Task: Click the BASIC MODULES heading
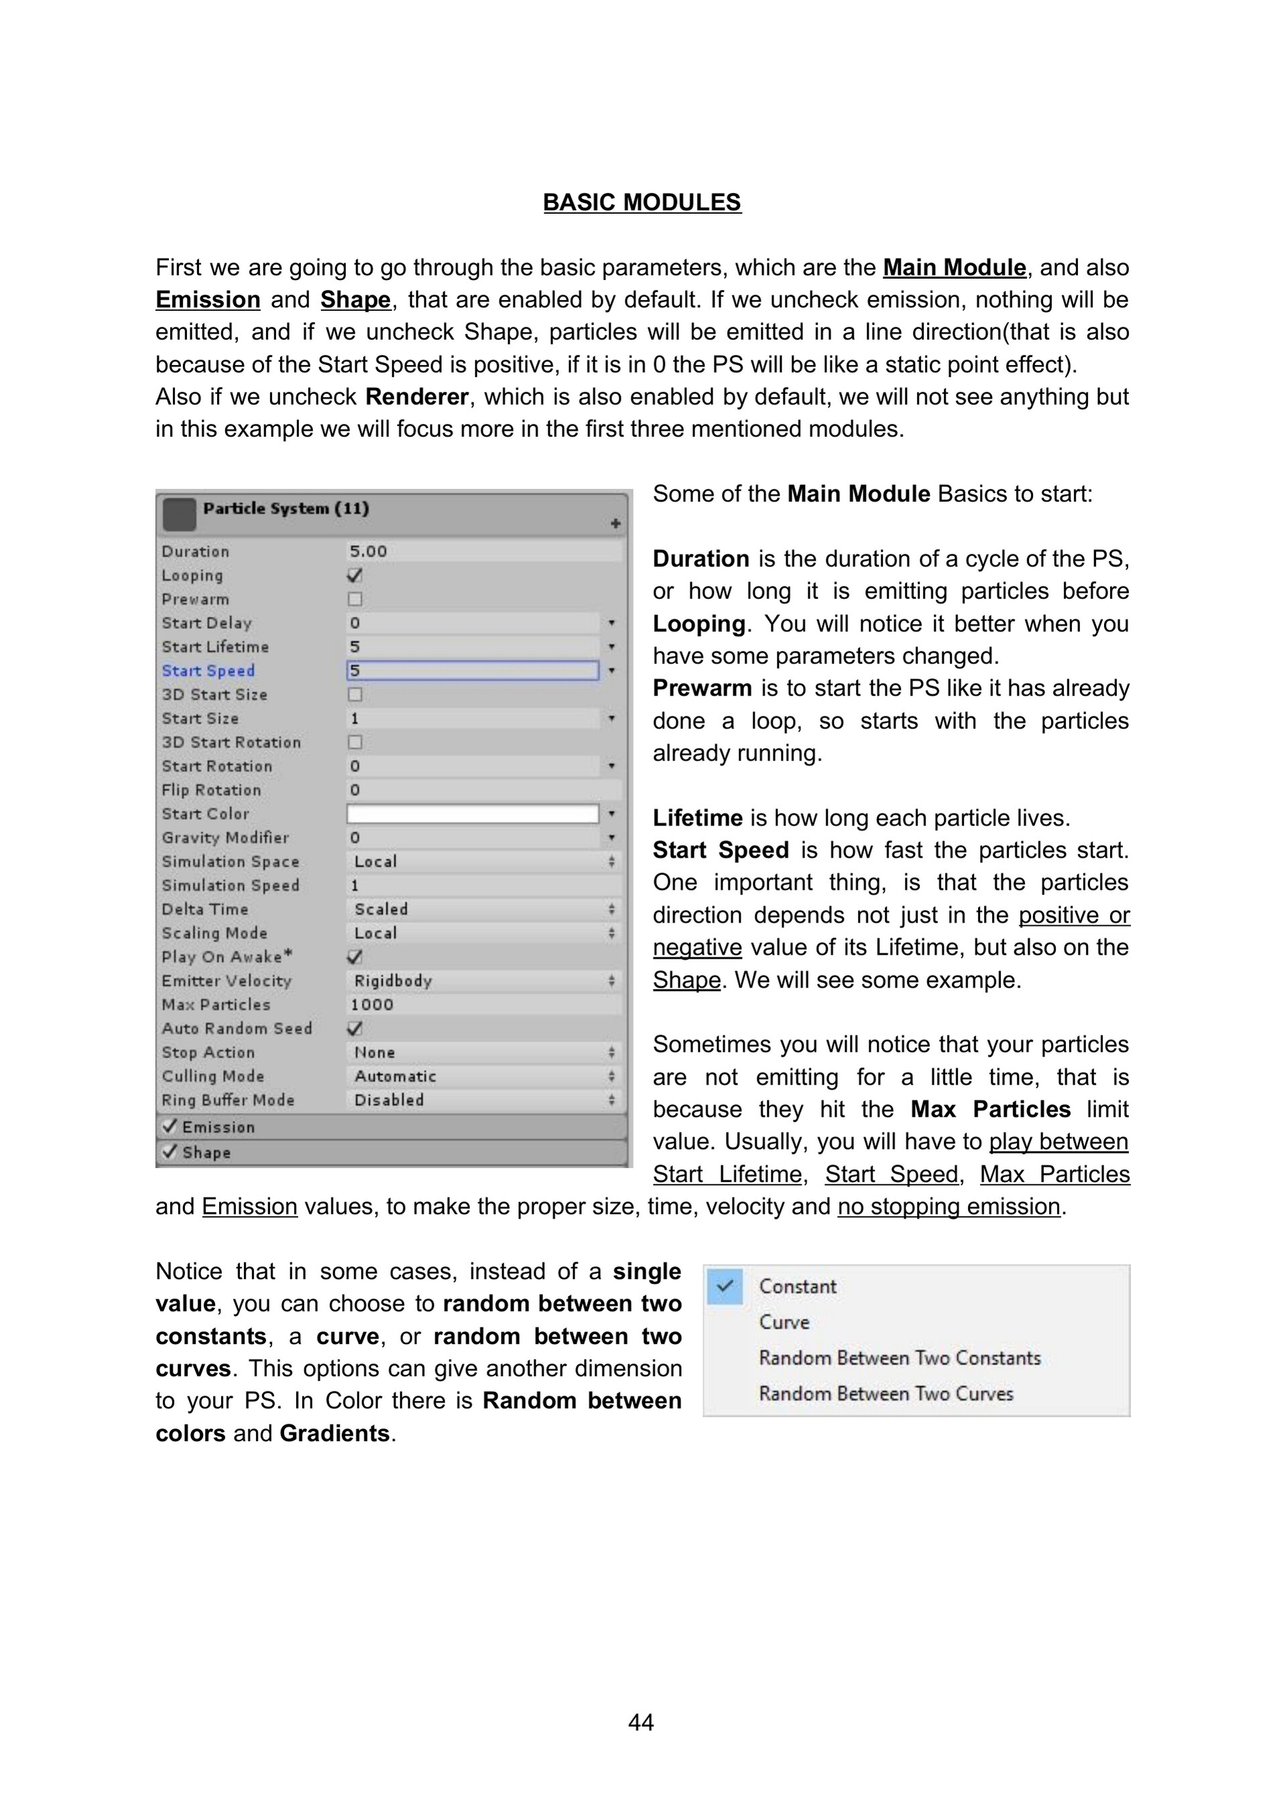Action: pyautogui.click(x=642, y=203)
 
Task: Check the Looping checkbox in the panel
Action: pyautogui.click(x=355, y=575)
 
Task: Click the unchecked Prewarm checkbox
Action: pyautogui.click(x=355, y=599)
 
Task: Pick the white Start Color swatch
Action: pyautogui.click(x=473, y=813)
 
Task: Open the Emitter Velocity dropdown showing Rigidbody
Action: pyautogui.click(x=483, y=981)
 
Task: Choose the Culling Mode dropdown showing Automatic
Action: pyautogui.click(x=483, y=1076)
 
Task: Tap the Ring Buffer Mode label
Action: pyautogui.click(x=228, y=1100)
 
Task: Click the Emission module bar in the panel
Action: pyautogui.click(x=392, y=1128)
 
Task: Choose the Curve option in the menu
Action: pyautogui.click(x=784, y=1323)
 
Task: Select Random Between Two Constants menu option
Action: pyautogui.click(x=900, y=1358)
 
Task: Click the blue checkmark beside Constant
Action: pyautogui.click(x=725, y=1286)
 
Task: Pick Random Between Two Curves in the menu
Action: pyautogui.click(x=886, y=1394)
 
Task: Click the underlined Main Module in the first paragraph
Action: pyautogui.click(x=954, y=268)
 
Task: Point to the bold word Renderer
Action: pyautogui.click(x=417, y=397)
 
